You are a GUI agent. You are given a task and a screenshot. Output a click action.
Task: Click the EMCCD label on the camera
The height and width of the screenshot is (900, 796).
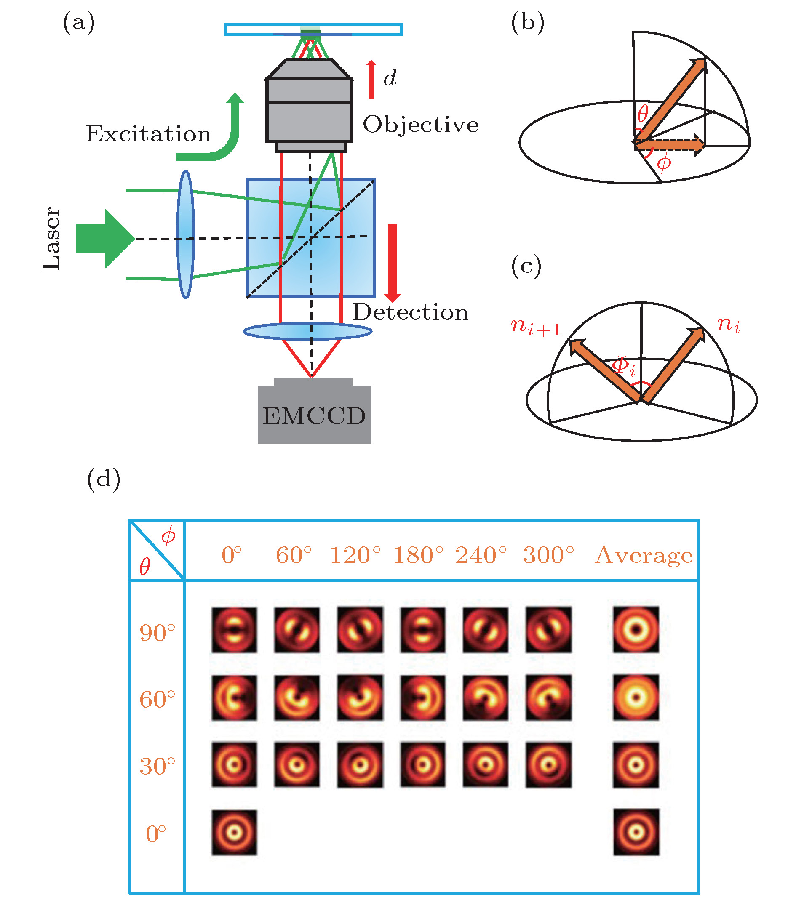(x=314, y=415)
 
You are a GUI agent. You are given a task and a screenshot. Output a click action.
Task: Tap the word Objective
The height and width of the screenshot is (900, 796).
(x=420, y=125)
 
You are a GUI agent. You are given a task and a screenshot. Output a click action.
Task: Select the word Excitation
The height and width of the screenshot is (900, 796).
(x=148, y=134)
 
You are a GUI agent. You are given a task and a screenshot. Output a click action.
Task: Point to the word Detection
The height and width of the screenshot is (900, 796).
(x=410, y=312)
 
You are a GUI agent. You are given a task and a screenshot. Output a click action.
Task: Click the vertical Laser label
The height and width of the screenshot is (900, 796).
(x=51, y=238)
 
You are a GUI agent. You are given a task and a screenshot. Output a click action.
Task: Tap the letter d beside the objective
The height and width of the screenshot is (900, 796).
(x=390, y=78)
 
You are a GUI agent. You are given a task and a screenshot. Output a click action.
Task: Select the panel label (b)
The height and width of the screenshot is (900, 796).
(x=527, y=22)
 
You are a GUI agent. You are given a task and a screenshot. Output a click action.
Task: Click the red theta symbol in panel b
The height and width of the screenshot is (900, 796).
(x=643, y=114)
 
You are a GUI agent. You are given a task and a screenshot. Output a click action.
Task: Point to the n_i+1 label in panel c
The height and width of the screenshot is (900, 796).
(x=536, y=327)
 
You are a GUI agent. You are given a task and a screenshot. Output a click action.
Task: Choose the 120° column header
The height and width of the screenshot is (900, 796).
(x=355, y=555)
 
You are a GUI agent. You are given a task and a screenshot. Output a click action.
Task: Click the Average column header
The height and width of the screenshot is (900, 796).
(x=644, y=555)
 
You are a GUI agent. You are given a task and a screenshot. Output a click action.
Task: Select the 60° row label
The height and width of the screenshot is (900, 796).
(x=157, y=699)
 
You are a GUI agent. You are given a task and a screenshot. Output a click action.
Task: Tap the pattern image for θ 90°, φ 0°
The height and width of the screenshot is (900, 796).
(x=234, y=630)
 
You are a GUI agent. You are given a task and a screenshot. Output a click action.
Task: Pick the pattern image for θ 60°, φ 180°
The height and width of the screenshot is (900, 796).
(x=422, y=698)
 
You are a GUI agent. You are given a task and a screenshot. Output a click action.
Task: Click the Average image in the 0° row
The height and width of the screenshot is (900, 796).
(x=636, y=832)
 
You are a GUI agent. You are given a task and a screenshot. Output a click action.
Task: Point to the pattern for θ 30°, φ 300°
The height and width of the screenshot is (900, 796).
(x=548, y=765)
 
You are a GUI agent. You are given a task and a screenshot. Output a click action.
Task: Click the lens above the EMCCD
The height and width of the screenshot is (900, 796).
(x=307, y=331)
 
